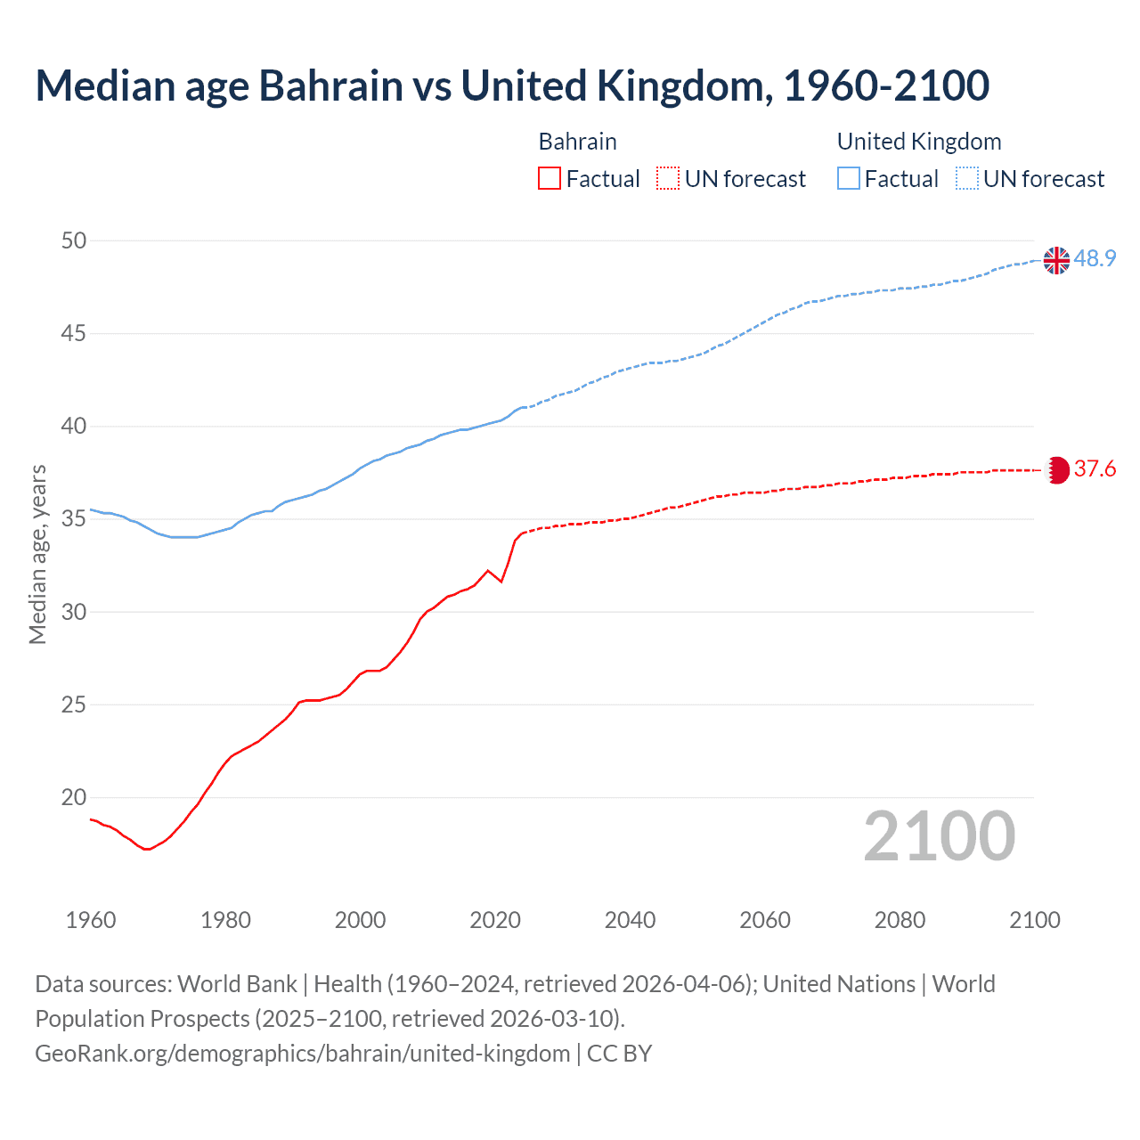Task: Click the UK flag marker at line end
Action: coord(1056,260)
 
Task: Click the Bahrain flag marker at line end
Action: coord(1057,469)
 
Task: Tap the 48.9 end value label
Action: coord(1095,258)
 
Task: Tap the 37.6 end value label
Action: coord(1095,468)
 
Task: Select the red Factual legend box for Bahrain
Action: coord(550,178)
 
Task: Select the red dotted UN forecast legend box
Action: coord(668,178)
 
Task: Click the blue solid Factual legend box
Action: coord(849,178)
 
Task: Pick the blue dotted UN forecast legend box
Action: coord(966,178)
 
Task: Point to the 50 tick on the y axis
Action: coord(75,240)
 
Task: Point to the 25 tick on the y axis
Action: coord(75,704)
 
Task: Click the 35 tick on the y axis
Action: coord(75,518)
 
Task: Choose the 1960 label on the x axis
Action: coord(91,920)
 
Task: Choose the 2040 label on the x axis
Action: coord(630,920)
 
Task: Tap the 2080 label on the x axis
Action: coord(900,920)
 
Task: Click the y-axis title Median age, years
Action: coord(37,554)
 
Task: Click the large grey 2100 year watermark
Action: coord(939,835)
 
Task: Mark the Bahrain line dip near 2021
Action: coord(501,582)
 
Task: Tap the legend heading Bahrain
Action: coord(577,142)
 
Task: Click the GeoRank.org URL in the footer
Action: coord(303,1053)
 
